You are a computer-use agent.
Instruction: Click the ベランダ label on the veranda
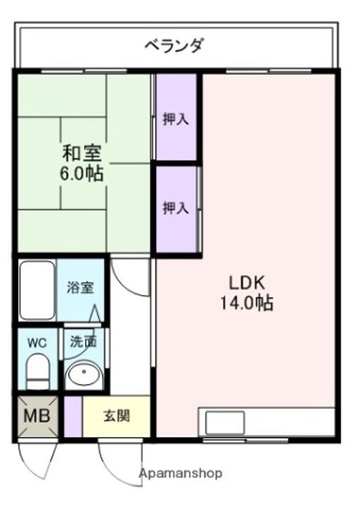174,45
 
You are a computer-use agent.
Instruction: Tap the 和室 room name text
82,153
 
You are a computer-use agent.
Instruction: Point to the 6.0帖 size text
81,173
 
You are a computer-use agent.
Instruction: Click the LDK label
248,283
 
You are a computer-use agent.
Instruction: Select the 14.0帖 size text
247,303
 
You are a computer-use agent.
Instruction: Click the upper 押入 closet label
176,119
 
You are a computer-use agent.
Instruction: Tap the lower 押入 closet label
176,208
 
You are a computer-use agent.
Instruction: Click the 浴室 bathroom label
81,287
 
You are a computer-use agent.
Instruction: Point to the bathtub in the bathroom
37,291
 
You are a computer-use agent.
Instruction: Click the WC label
37,343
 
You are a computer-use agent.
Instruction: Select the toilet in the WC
37,371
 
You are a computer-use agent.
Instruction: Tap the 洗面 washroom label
84,341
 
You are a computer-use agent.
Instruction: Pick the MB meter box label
37,416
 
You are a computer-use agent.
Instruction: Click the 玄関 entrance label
117,416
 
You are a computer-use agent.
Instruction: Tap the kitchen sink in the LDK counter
225,423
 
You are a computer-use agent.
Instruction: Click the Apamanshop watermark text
181,473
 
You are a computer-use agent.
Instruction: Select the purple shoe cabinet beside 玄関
73,416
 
